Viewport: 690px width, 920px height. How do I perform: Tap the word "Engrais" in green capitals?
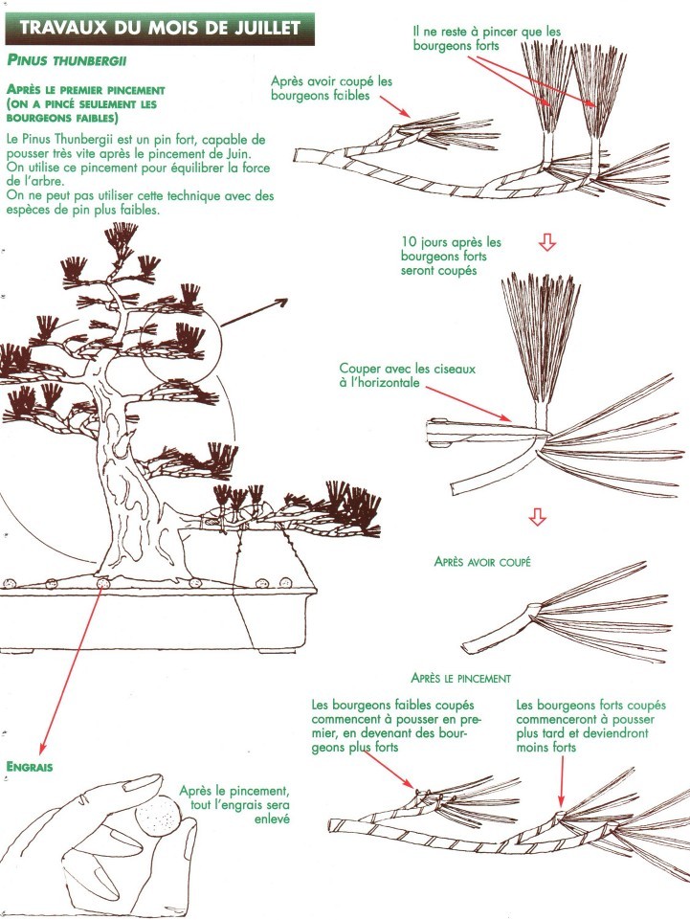click(x=30, y=766)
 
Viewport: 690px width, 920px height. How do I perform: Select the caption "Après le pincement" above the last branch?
click(x=459, y=677)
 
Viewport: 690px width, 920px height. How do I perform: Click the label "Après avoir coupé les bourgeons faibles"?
click(x=331, y=90)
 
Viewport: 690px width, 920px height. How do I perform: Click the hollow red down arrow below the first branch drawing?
click(x=547, y=243)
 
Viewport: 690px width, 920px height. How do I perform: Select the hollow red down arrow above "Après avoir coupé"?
click(x=538, y=518)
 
